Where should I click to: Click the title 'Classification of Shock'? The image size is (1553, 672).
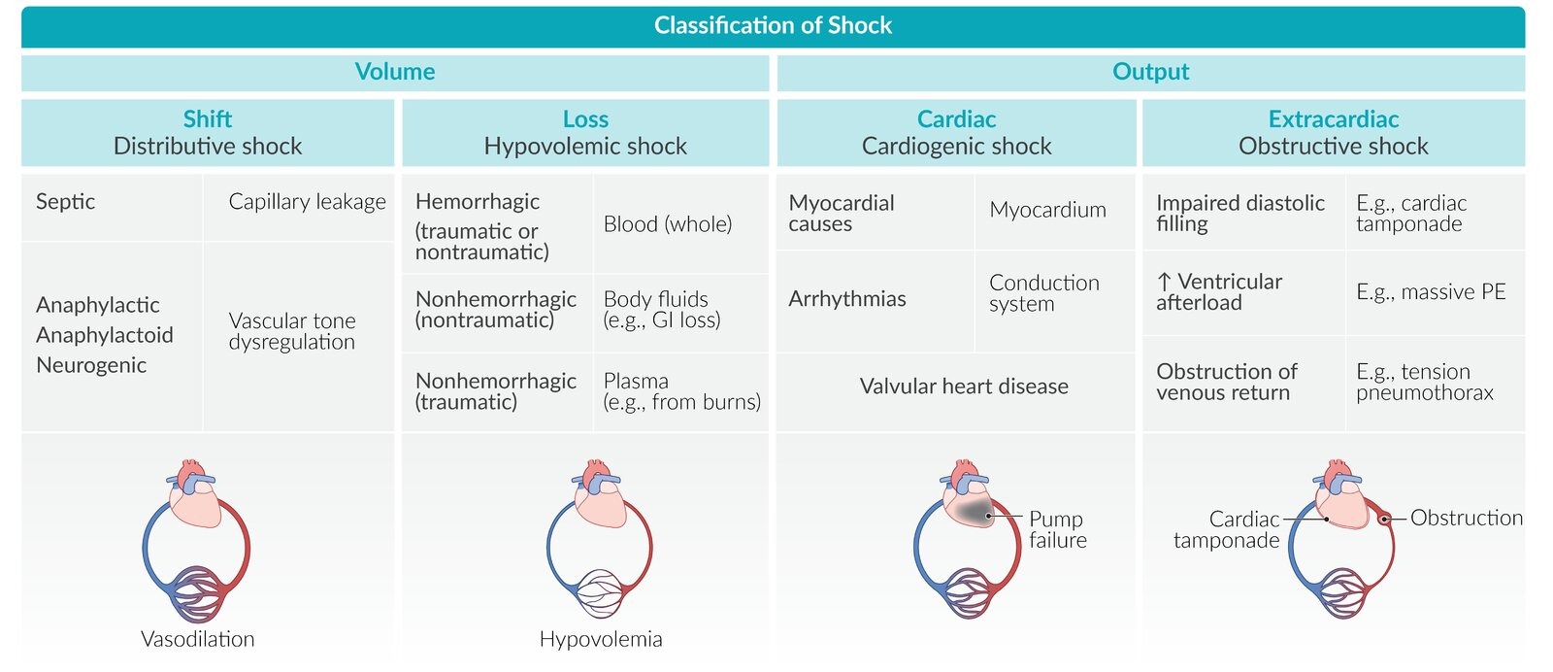tap(773, 25)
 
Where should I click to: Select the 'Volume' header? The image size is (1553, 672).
tap(394, 72)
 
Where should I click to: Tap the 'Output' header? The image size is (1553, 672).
tap(1150, 72)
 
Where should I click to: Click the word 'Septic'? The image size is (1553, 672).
tap(65, 202)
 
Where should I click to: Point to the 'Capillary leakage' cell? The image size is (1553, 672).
tap(307, 202)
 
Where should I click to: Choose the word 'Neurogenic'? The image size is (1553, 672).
tap(91, 365)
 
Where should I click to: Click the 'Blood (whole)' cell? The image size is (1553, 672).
tap(667, 224)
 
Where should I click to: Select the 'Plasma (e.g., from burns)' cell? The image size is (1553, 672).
tap(681, 391)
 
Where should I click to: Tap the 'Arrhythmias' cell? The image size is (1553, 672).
tap(846, 299)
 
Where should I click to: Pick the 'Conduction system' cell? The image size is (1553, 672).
tap(1043, 293)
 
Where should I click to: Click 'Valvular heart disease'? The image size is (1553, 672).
tap(963, 386)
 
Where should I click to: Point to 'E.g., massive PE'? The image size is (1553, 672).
tap(1430, 292)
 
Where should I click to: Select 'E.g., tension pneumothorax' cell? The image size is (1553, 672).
tap(1424, 382)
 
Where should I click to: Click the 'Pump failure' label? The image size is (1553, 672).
tap(1057, 529)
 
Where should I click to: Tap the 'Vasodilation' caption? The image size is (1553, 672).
tap(198, 639)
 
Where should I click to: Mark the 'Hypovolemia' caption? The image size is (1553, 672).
tap(601, 639)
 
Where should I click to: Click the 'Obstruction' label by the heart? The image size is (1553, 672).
tap(1466, 518)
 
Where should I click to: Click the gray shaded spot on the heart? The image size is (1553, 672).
tap(971, 512)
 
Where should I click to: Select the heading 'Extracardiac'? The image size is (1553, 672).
tap(1333, 119)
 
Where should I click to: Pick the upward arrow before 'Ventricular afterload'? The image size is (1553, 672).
tap(1164, 282)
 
